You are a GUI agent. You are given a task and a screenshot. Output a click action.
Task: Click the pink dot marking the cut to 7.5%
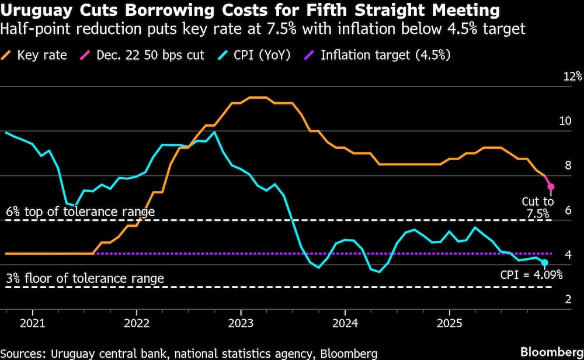click(x=550, y=186)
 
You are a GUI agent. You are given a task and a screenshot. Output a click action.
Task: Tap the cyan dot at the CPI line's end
click(x=545, y=262)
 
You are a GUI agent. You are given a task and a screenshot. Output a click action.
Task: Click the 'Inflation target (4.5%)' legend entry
click(x=380, y=56)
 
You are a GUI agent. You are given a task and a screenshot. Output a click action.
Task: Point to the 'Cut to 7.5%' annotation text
click(x=537, y=207)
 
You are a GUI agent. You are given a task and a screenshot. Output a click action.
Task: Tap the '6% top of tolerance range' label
click(x=80, y=212)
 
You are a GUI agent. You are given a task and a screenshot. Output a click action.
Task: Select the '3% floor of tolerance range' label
click(x=85, y=278)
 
